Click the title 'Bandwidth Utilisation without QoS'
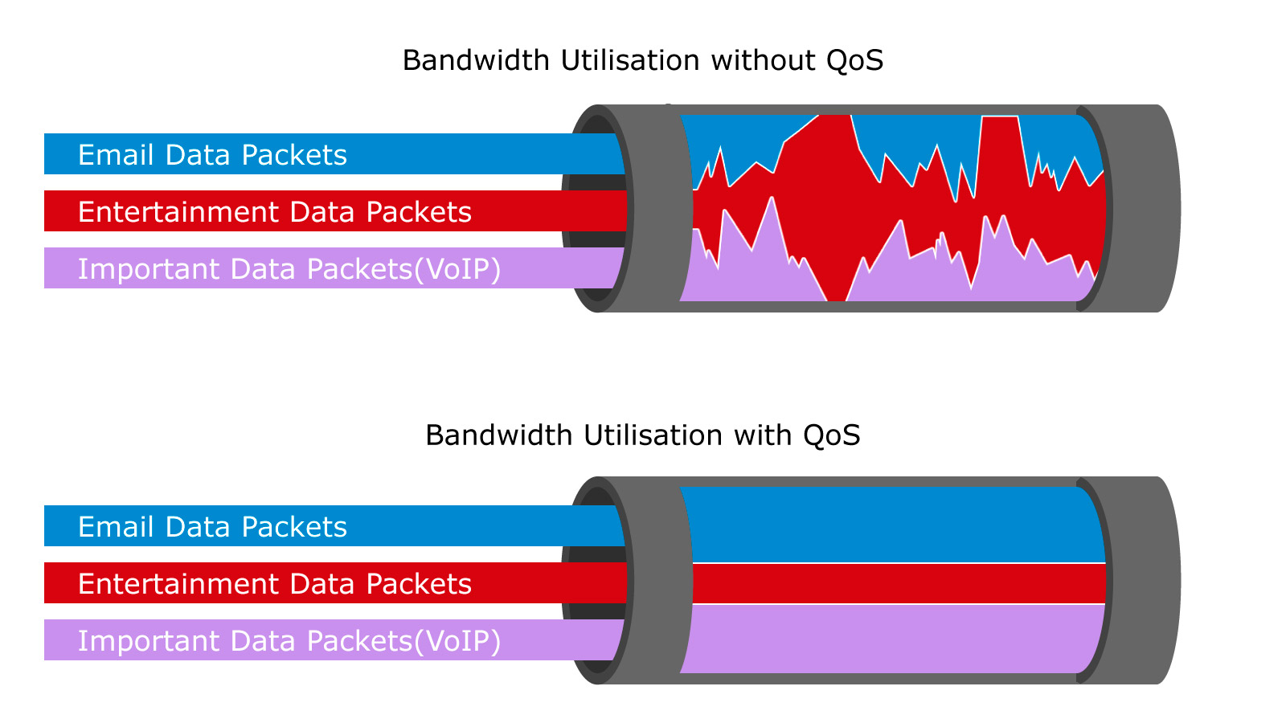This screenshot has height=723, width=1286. pyautogui.click(x=642, y=61)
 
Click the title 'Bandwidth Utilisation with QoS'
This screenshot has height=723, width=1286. pyautogui.click(x=642, y=435)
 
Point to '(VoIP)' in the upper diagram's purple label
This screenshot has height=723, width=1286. pyautogui.click(x=457, y=269)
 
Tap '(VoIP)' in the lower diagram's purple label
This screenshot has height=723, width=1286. pyautogui.click(x=457, y=641)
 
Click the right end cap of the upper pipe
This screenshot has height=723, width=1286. pyautogui.click(x=1141, y=208)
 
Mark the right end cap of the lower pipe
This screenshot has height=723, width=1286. pyautogui.click(x=1141, y=580)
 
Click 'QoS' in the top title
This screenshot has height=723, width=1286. pyautogui.click(x=854, y=61)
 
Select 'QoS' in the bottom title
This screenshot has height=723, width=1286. pyautogui.click(x=831, y=435)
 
